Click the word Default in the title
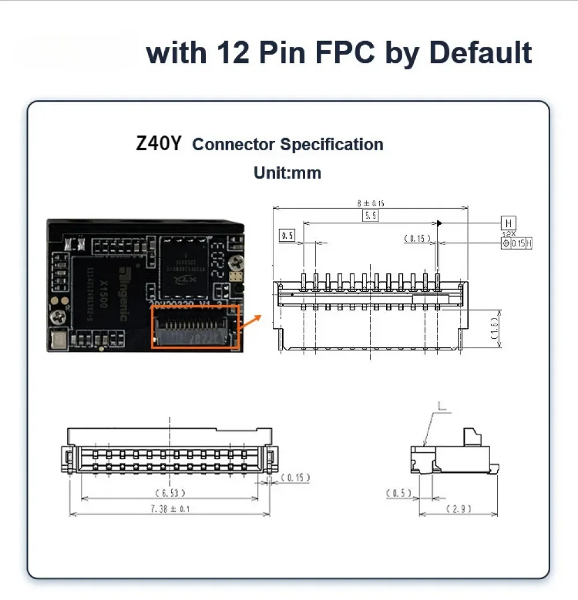[x=480, y=53]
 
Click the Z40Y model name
[x=158, y=143]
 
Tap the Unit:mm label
[x=287, y=172]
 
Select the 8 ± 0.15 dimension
[x=370, y=203]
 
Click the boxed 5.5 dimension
[x=370, y=216]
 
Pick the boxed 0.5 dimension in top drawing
[x=287, y=235]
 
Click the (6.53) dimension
[x=170, y=492]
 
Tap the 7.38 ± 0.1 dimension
[x=170, y=509]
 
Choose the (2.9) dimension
[x=459, y=509]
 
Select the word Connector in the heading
[x=234, y=145]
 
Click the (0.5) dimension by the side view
[x=398, y=493]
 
